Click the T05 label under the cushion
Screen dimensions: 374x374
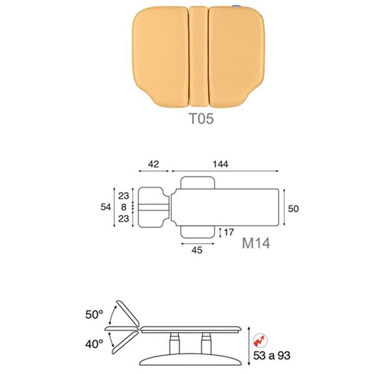pyautogui.click(x=201, y=118)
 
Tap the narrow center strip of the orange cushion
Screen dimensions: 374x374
pyautogui.click(x=198, y=57)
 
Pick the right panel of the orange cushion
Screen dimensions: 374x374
pyautogui.click(x=237, y=57)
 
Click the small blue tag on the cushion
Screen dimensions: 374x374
pyautogui.click(x=236, y=6)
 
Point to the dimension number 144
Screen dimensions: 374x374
pyautogui.click(x=221, y=164)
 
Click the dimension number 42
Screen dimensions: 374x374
pyautogui.click(x=153, y=164)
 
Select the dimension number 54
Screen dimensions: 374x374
pyautogui.click(x=106, y=207)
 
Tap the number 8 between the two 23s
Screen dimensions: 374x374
pyautogui.click(x=123, y=207)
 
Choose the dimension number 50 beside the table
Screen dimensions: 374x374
pyautogui.click(x=294, y=209)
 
